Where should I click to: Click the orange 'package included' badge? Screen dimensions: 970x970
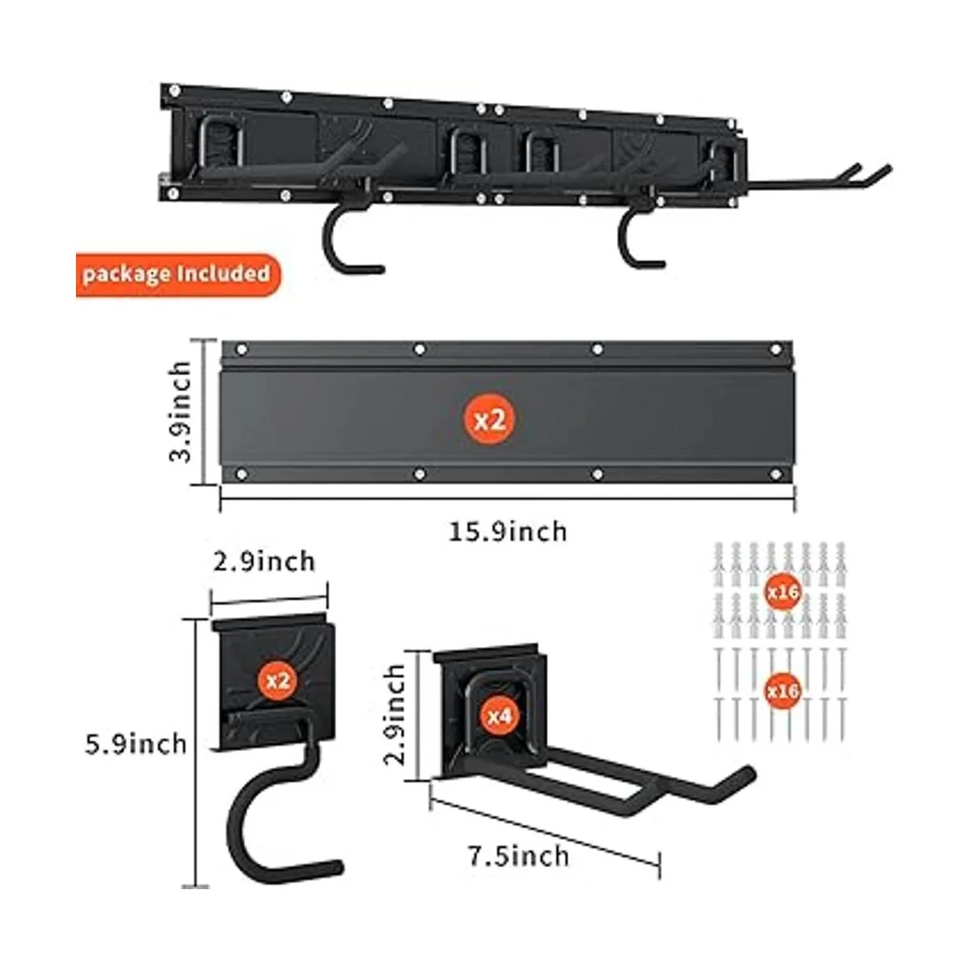click(176, 273)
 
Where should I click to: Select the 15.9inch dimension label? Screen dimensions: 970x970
click(508, 531)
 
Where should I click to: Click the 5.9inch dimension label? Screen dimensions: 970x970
click(136, 743)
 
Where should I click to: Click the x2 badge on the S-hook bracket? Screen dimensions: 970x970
click(277, 681)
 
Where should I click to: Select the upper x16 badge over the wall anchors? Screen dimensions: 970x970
click(782, 593)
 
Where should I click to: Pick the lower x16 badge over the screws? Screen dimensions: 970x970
click(782, 691)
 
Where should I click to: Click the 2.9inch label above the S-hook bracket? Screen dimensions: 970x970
click(264, 561)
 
